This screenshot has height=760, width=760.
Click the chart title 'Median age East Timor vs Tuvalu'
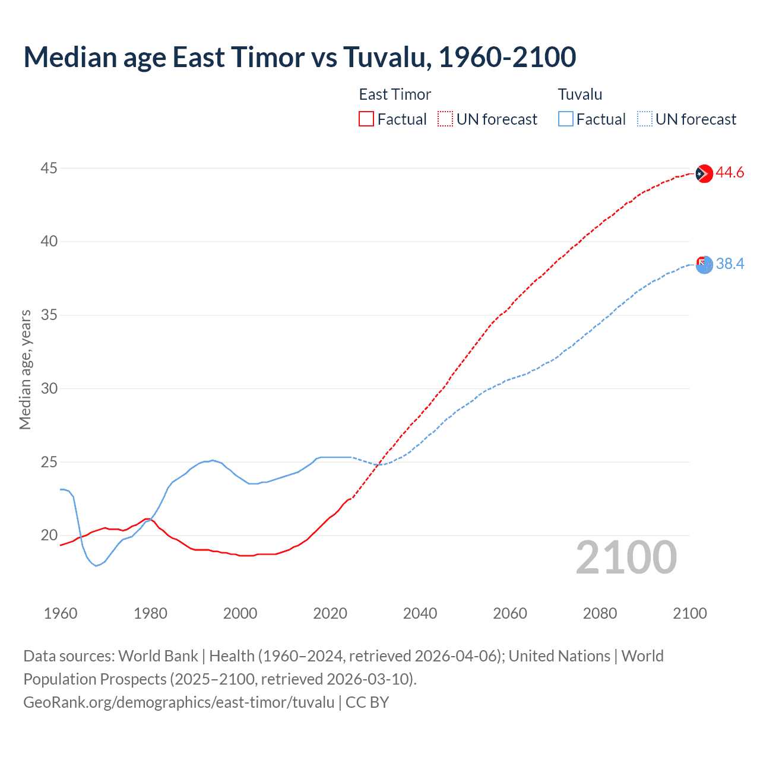pos(299,57)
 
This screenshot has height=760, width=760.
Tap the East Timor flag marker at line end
pos(704,173)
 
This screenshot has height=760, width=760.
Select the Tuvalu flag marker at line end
pos(704,265)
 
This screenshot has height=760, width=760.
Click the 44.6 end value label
pos(730,173)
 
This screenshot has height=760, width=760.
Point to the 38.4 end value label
pos(730,264)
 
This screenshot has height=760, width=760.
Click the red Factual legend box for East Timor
pos(366,119)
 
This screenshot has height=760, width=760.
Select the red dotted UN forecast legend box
pos(445,119)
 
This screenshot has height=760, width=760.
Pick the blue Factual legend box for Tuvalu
pos(566,119)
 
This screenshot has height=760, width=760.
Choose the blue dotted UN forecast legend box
pos(645,119)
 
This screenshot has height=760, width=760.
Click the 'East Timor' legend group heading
pos(395,94)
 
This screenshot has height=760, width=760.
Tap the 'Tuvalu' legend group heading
pos(580,94)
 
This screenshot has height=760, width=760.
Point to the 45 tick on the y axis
pos(49,169)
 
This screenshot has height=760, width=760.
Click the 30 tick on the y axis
pos(49,388)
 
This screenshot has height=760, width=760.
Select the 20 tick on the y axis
pos(49,535)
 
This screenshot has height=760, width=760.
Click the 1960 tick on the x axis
pos(61,613)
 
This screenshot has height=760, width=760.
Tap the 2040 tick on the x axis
pos(420,613)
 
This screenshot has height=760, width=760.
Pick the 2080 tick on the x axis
pos(600,613)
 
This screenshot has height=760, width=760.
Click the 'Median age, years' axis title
pos(25,369)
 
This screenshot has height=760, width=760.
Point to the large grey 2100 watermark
pos(626,558)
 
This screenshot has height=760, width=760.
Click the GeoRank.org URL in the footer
pos(179,702)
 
